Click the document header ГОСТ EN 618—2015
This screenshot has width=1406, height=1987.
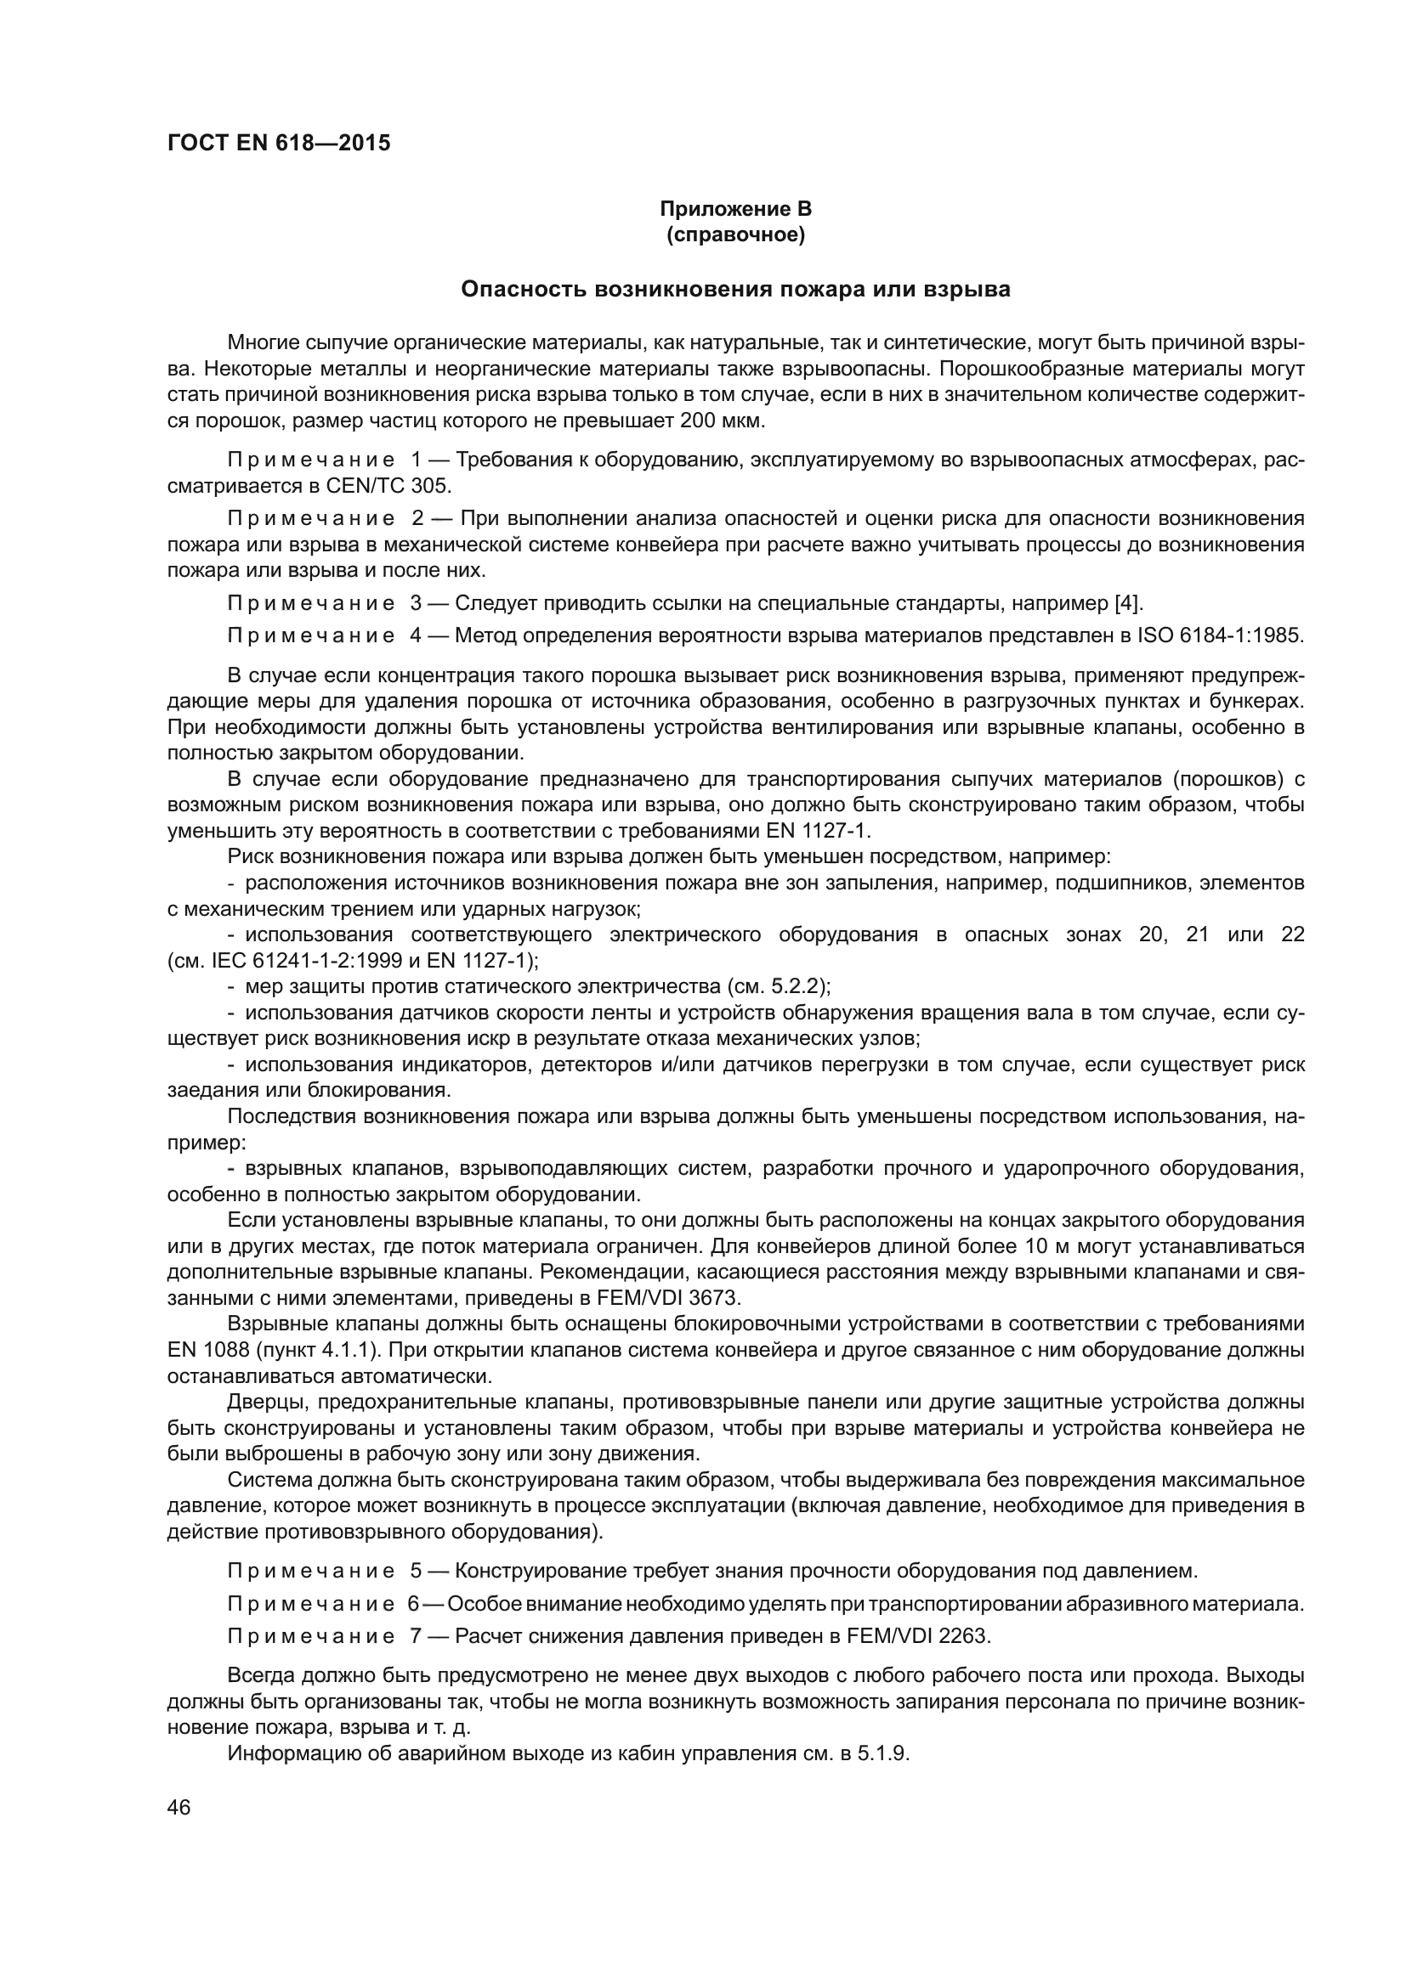[x=279, y=143]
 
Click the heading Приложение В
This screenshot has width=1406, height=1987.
[x=735, y=209]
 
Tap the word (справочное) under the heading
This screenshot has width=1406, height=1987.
[x=735, y=235]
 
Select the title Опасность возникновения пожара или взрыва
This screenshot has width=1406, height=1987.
[x=735, y=290]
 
